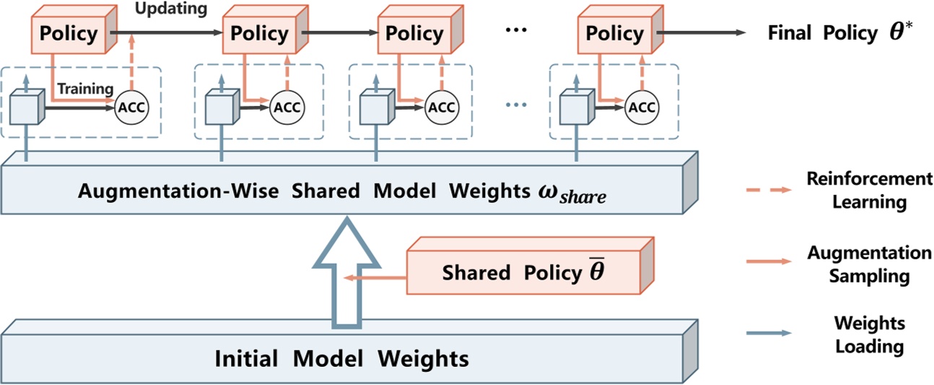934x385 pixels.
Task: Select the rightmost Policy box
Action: [614, 34]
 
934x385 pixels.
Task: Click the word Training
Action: [86, 89]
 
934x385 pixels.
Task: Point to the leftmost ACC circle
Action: [131, 108]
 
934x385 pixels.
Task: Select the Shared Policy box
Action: [523, 272]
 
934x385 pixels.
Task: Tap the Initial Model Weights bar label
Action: [341, 358]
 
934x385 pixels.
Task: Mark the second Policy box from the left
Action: [258, 34]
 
